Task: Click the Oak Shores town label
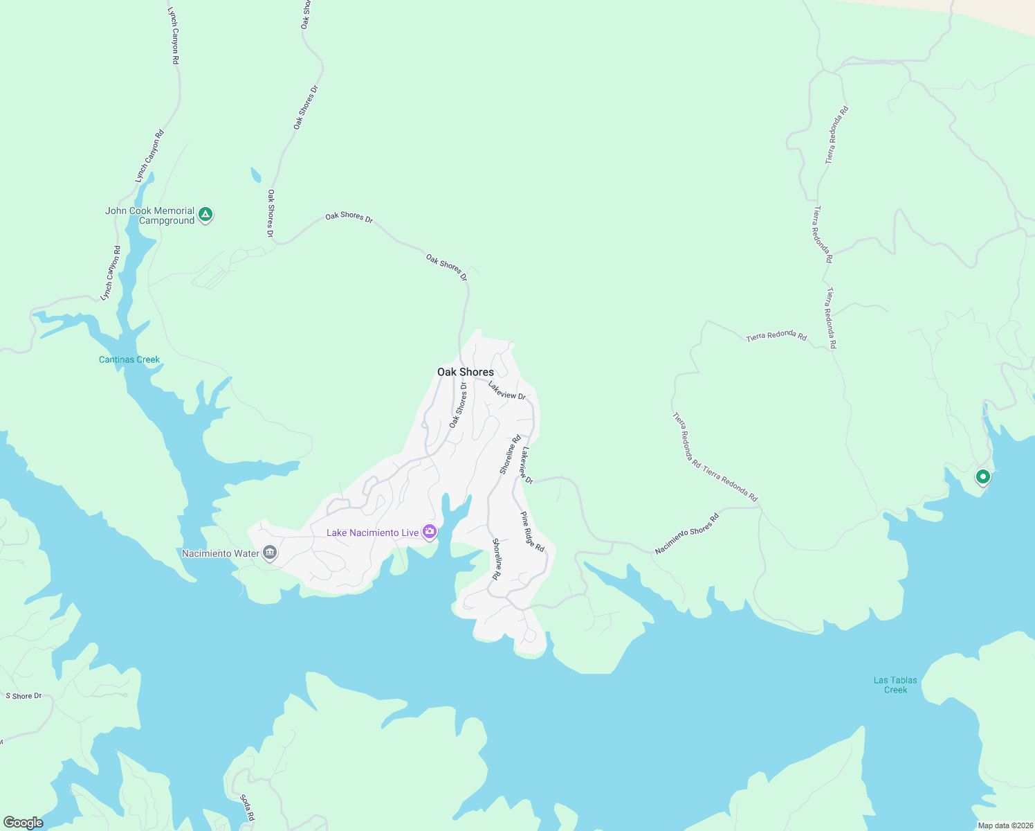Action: click(x=465, y=372)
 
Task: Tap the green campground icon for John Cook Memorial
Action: click(x=205, y=215)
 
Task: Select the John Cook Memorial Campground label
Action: click(x=149, y=215)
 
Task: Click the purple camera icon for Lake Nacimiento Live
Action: click(x=430, y=532)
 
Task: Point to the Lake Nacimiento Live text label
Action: click(x=372, y=533)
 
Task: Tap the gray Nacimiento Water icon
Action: click(x=270, y=553)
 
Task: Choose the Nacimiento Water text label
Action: click(x=220, y=553)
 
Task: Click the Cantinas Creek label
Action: click(x=129, y=359)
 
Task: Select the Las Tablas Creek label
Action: click(x=895, y=685)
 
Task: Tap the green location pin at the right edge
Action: click(x=982, y=477)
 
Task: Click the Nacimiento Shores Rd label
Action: click(x=687, y=534)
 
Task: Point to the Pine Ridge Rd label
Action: click(x=532, y=532)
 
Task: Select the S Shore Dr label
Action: click(x=24, y=696)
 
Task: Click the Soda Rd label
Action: click(x=247, y=808)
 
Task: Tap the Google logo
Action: click(x=23, y=822)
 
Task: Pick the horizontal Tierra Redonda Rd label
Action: click(x=776, y=337)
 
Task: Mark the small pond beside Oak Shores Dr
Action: click(x=256, y=175)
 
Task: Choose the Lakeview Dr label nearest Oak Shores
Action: click(x=506, y=391)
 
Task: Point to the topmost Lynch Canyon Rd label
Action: click(x=174, y=36)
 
